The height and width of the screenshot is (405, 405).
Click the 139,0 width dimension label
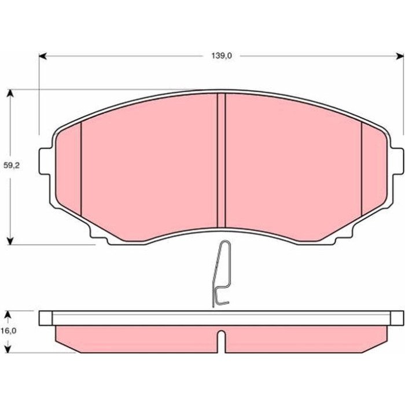coord(222,56)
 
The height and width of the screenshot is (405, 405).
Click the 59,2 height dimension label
coord(12,165)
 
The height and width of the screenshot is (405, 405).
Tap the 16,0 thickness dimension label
coord(8,330)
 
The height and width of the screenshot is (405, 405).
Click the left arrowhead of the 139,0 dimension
coord(43,56)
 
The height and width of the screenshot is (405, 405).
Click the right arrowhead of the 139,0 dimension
coord(400,56)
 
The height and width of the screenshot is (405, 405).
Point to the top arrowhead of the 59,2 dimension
coord(10,93)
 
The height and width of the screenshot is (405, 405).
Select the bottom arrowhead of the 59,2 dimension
coord(10,241)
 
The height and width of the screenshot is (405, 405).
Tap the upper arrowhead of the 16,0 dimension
coord(8,315)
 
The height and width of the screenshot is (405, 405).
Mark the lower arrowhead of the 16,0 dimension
coord(8,349)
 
